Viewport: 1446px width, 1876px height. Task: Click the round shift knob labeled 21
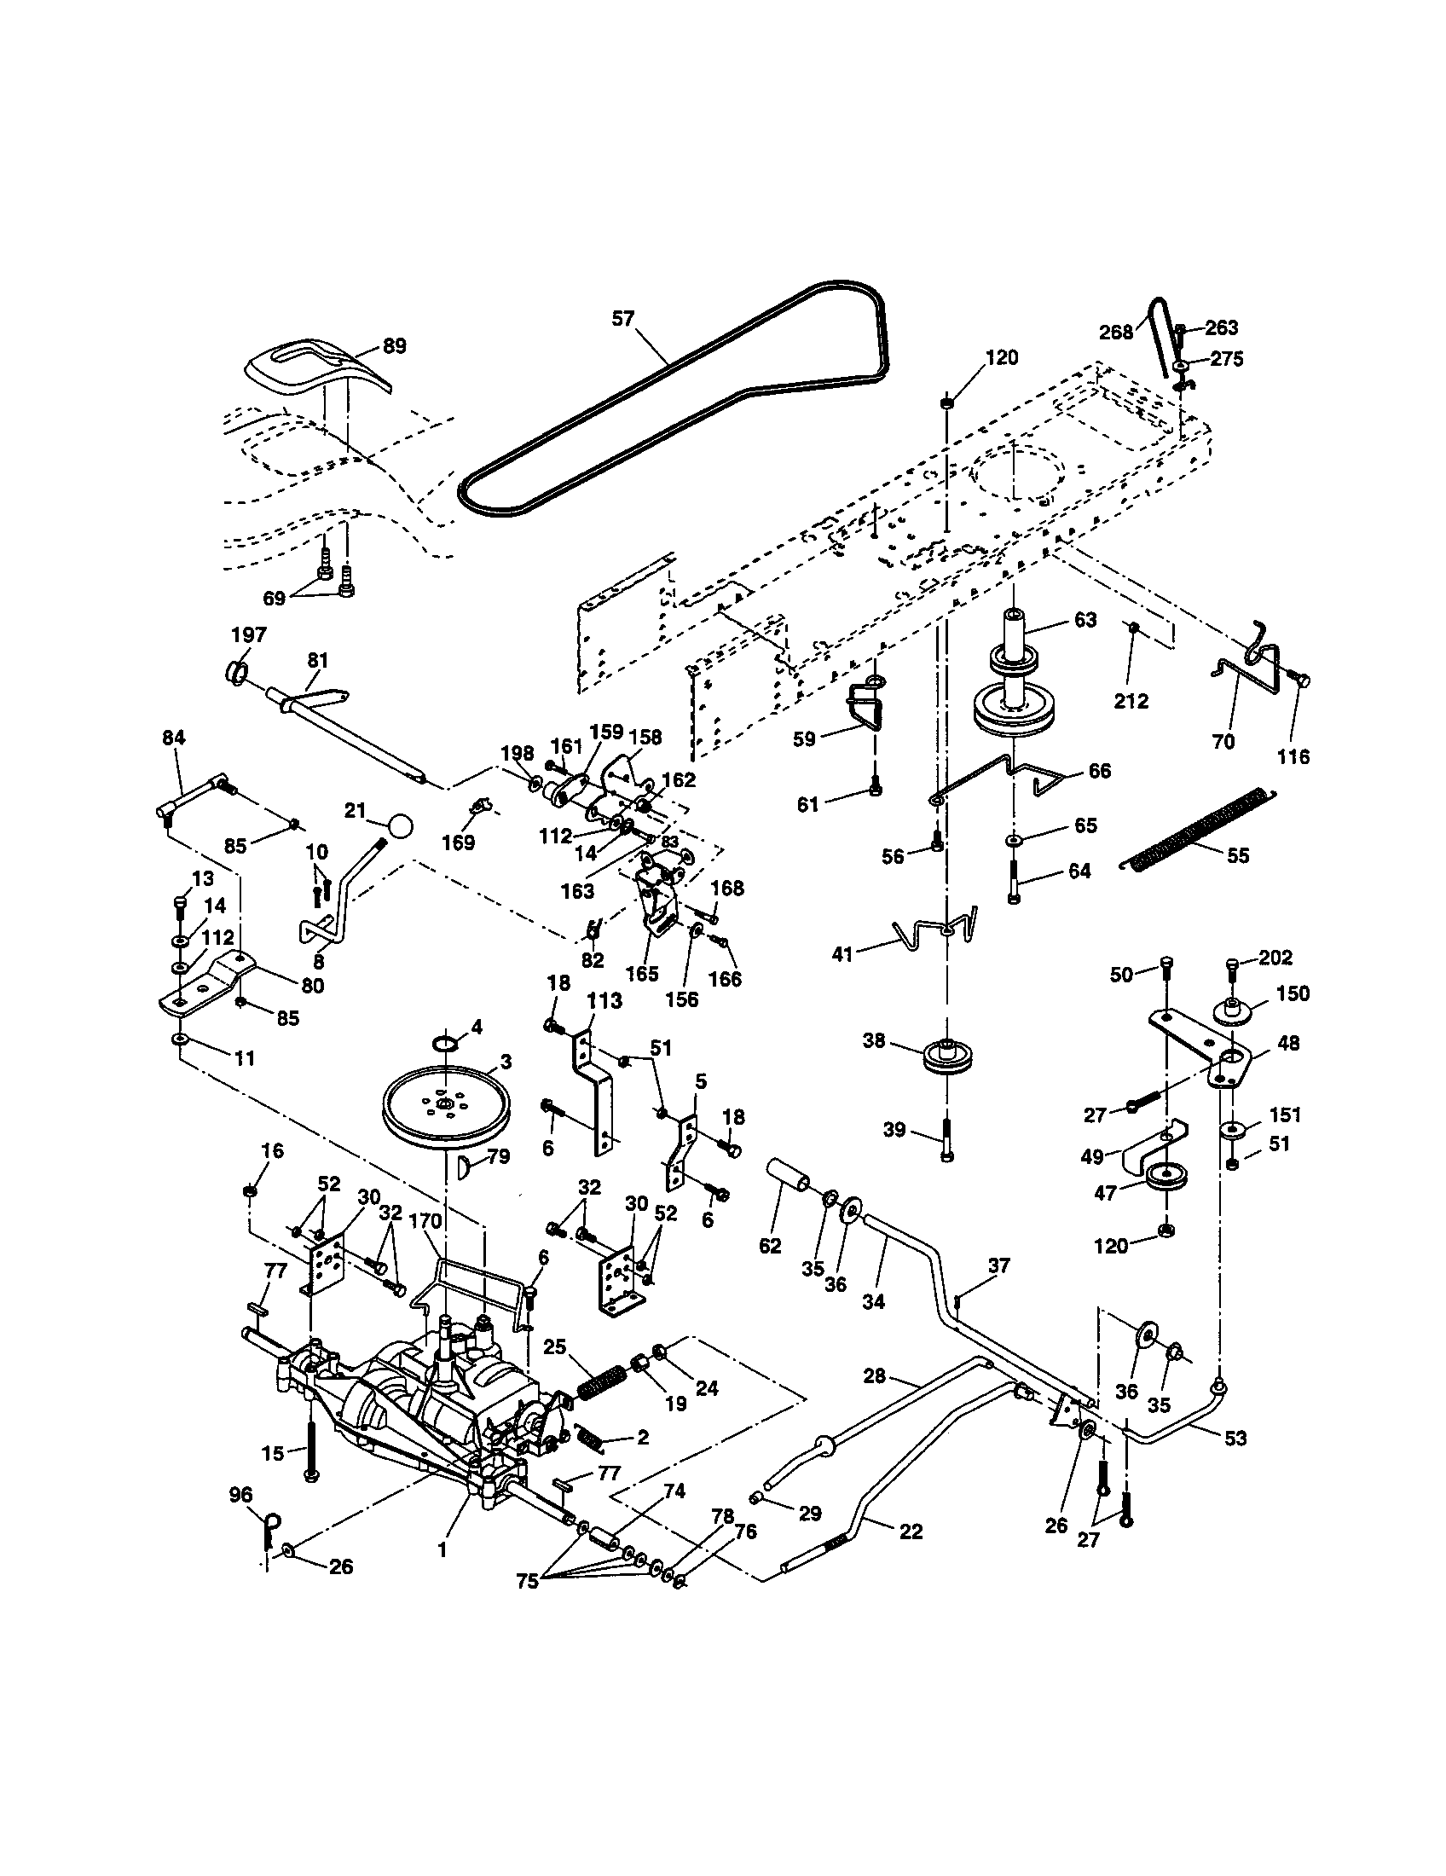click(399, 826)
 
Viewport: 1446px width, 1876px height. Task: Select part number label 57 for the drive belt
click(622, 319)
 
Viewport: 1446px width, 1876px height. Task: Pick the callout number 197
click(249, 634)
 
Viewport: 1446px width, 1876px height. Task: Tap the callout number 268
click(1116, 333)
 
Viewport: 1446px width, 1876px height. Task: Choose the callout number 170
click(425, 1220)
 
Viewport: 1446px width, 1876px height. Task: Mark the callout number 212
click(1131, 701)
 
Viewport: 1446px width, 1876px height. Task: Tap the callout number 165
click(642, 973)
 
